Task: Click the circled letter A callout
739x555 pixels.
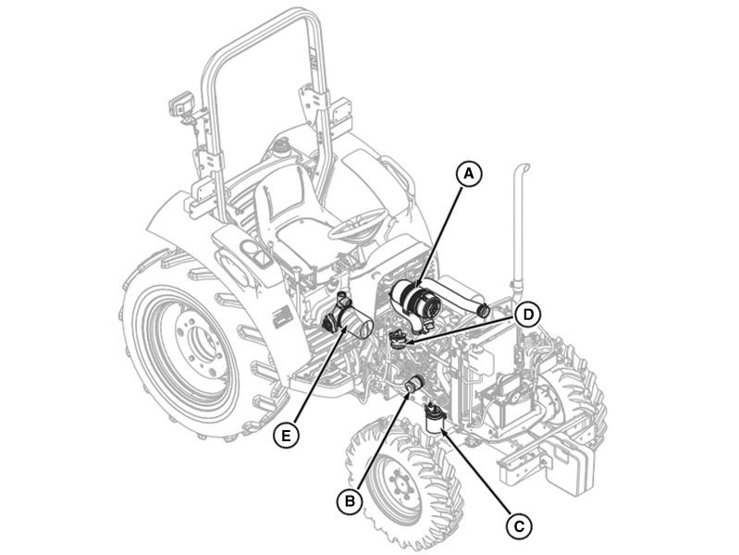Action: [469, 174]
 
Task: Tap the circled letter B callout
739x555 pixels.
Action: [350, 500]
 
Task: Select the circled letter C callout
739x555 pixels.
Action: [519, 525]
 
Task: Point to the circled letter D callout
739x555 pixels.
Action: [528, 314]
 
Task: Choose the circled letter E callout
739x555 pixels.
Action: [286, 436]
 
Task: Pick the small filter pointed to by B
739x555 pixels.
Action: [413, 383]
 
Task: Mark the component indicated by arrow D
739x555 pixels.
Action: [399, 339]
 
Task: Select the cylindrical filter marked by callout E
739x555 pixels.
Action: [349, 319]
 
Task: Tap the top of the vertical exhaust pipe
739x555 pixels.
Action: [523, 168]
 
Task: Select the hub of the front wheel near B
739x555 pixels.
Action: [398, 486]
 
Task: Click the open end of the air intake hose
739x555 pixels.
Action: [483, 311]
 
